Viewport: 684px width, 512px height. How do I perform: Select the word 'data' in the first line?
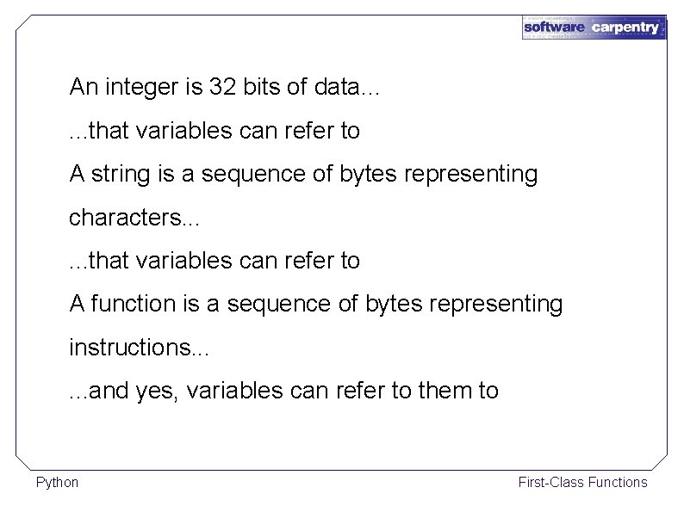pos(342,86)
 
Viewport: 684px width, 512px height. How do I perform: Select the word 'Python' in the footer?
pos(57,482)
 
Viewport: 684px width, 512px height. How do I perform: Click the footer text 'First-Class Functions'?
pos(582,482)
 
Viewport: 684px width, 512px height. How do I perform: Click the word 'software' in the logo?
pos(554,28)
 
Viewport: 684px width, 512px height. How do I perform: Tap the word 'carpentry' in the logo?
pos(626,28)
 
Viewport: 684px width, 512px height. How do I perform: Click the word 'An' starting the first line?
pos(84,86)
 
